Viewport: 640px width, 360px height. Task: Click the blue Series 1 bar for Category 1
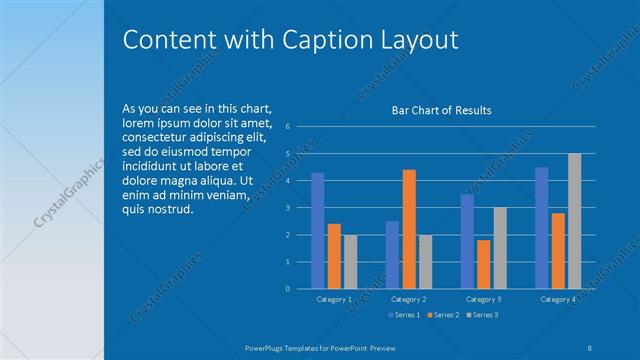click(317, 230)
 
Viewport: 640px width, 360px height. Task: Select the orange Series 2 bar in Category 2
click(409, 229)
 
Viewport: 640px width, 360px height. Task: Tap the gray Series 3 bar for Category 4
click(574, 221)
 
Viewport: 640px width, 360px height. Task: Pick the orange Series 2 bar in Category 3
click(484, 264)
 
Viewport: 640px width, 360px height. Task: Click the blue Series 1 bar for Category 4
click(542, 228)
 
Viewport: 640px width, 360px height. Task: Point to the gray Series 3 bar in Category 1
click(350, 262)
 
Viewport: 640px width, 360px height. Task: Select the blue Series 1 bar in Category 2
click(392, 255)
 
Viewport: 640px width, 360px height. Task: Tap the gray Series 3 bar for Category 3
click(500, 248)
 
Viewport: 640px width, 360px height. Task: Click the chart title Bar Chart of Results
click(441, 110)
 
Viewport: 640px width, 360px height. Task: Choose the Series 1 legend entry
click(403, 315)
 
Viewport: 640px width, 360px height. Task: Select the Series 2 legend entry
click(442, 315)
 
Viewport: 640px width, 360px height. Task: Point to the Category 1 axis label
click(334, 299)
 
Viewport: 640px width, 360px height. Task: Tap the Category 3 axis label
click(484, 299)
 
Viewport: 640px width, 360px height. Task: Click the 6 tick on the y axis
click(287, 127)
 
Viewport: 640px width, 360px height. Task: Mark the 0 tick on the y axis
click(287, 289)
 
